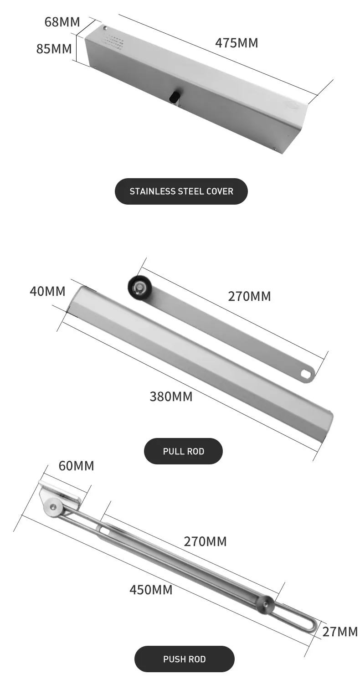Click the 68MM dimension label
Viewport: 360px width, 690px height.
pyautogui.click(x=62, y=21)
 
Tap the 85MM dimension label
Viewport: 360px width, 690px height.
pyautogui.click(x=54, y=48)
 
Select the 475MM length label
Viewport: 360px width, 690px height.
pyautogui.click(x=237, y=43)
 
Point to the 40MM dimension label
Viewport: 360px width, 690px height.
pyautogui.click(x=47, y=291)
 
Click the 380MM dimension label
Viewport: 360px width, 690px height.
pyautogui.click(x=171, y=396)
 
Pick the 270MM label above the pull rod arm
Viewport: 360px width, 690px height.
pyautogui.click(x=249, y=296)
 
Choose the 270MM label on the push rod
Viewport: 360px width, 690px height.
pyautogui.click(x=205, y=541)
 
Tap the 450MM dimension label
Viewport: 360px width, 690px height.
pyautogui.click(x=151, y=590)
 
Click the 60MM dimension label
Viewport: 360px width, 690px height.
pyautogui.click(x=76, y=466)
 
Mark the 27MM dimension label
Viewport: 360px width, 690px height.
pyautogui.click(x=340, y=632)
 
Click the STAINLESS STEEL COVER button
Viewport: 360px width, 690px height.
pyautogui.click(x=181, y=191)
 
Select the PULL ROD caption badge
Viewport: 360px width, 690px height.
pyautogui.click(x=183, y=451)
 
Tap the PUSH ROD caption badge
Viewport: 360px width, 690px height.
pyautogui.click(x=184, y=659)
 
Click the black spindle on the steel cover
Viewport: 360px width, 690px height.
pyautogui.click(x=174, y=97)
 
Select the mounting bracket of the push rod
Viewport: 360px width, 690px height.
pyautogui.click(x=59, y=497)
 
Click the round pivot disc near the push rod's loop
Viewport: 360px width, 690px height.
pyautogui.click(x=265, y=605)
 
